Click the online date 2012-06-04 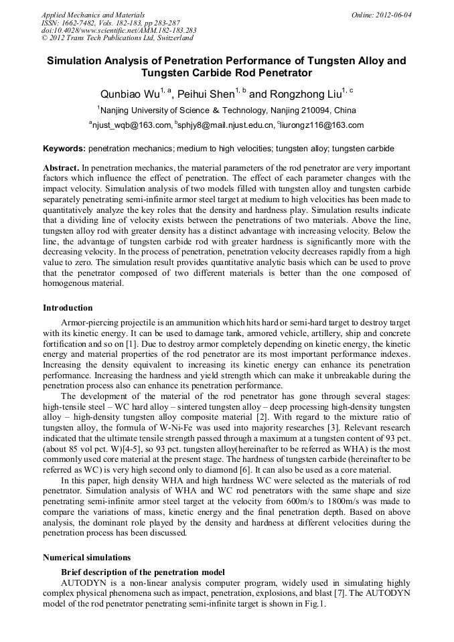[394, 15]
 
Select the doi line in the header [119, 31]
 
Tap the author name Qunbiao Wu [128, 94]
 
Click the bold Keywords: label [64, 149]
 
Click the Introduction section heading [68, 308]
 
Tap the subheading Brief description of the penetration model [143, 572]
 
